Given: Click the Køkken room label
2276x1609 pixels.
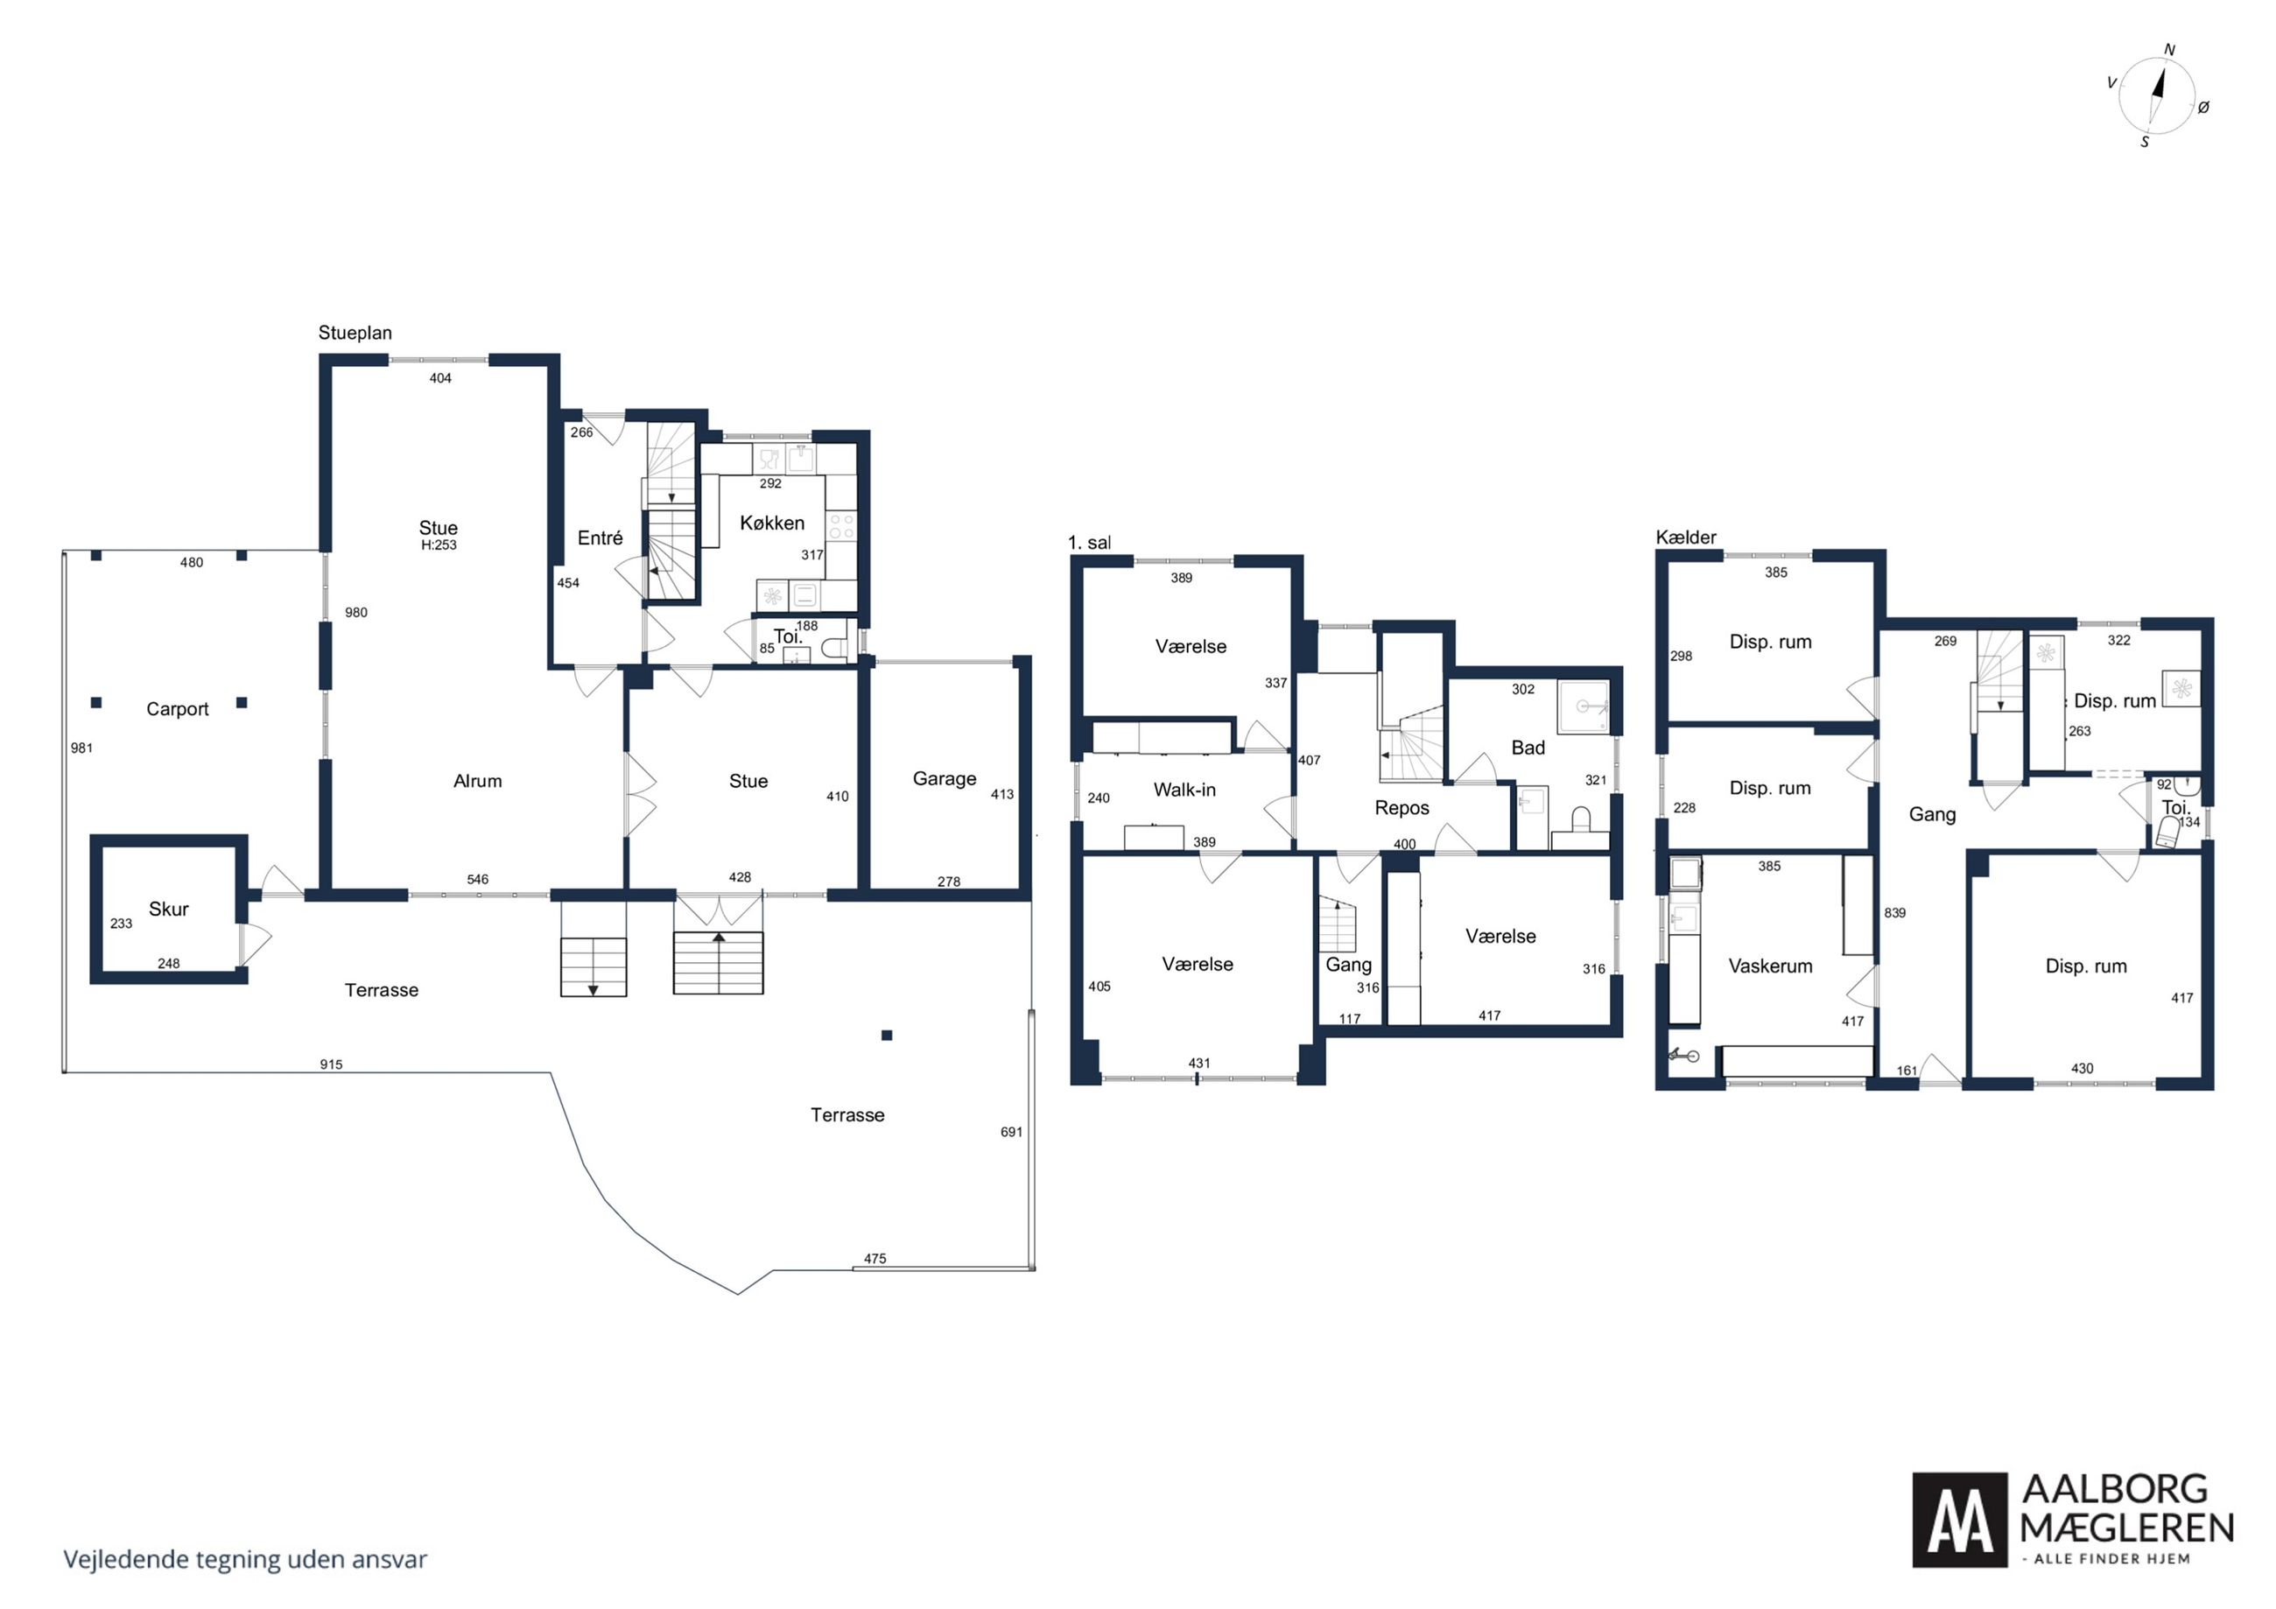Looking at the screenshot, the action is [x=772, y=523].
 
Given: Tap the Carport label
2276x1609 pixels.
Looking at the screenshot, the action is [x=178, y=709].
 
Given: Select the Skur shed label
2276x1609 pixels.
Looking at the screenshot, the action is [x=169, y=909].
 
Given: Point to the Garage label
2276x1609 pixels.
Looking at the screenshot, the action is [x=945, y=779].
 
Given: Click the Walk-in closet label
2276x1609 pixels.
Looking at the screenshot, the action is [x=1184, y=790].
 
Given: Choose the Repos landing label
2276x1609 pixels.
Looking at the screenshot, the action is [x=1401, y=808].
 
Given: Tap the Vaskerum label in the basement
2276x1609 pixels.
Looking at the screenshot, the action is [x=1770, y=966].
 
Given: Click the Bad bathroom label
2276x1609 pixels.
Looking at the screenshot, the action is [x=1528, y=748].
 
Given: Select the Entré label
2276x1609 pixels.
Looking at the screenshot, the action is [x=600, y=538].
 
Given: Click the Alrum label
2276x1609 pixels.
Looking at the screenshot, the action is [x=478, y=781].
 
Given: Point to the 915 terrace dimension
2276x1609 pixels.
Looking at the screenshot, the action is [x=331, y=1064].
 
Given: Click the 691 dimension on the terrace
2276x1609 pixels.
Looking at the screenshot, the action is [x=1011, y=1132].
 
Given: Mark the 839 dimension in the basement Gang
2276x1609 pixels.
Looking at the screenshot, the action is [x=1894, y=913].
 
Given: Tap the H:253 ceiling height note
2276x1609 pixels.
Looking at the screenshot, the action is [x=439, y=545].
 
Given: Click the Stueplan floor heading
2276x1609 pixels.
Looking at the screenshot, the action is [x=355, y=334].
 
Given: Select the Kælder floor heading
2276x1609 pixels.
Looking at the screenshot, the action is [x=1685, y=538].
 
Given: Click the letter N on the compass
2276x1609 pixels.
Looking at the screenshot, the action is [x=2169, y=51].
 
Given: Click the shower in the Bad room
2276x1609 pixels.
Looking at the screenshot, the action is [x=1583, y=706].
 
